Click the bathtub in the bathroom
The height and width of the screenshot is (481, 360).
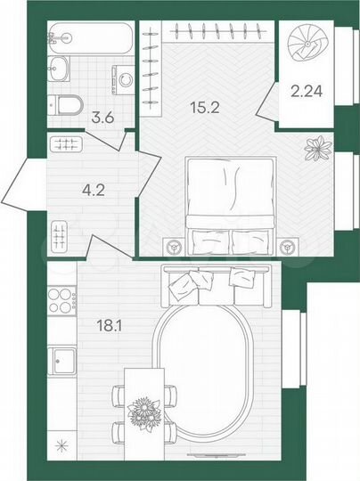click(90, 38)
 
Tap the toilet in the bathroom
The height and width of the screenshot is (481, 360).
click(66, 104)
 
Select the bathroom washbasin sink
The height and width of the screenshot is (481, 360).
click(61, 68)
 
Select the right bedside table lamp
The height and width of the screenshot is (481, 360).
click(287, 247)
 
